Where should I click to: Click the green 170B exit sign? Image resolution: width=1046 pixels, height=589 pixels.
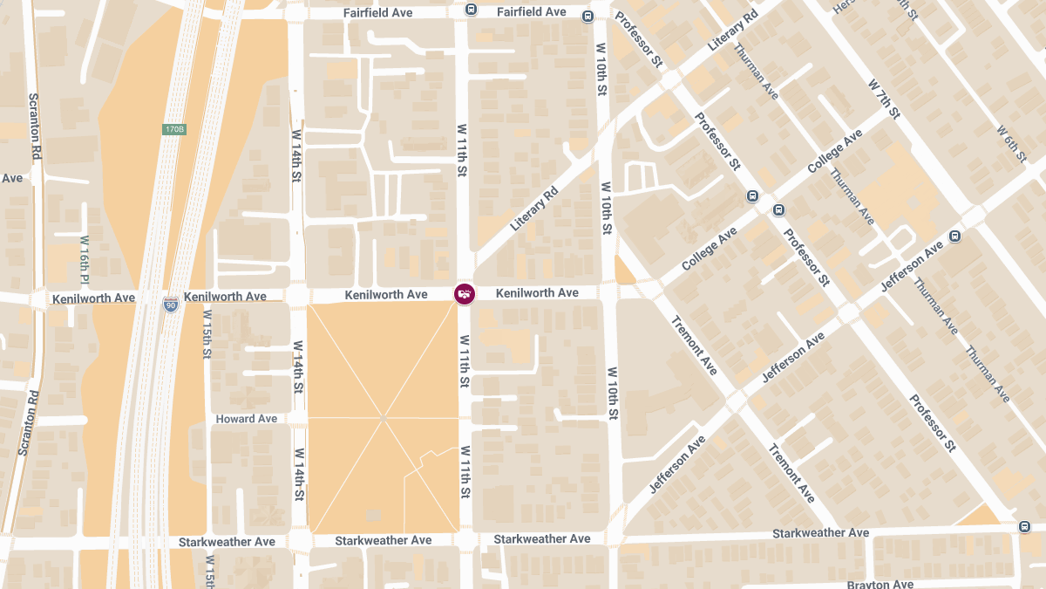click(174, 129)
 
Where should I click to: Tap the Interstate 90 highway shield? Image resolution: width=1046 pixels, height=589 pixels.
click(171, 305)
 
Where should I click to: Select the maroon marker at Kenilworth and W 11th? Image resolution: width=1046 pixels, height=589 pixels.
click(465, 294)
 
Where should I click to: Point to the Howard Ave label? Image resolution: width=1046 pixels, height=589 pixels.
click(247, 419)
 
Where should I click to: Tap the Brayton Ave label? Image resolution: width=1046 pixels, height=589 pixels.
click(880, 584)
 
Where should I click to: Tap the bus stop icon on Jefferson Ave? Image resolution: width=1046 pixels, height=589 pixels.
click(955, 236)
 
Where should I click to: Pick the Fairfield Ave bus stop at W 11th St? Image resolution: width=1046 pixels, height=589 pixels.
click(471, 10)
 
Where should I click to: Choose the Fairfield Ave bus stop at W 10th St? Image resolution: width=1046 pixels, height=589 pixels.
click(588, 15)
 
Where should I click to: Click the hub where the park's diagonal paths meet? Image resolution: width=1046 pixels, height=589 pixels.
click(383, 419)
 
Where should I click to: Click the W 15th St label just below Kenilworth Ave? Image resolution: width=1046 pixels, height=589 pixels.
click(207, 332)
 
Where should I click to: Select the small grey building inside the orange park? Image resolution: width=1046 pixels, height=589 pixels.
click(373, 515)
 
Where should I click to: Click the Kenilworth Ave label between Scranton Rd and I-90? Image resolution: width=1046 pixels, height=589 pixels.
click(93, 298)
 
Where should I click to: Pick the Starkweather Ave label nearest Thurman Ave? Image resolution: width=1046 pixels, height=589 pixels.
click(820, 533)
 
